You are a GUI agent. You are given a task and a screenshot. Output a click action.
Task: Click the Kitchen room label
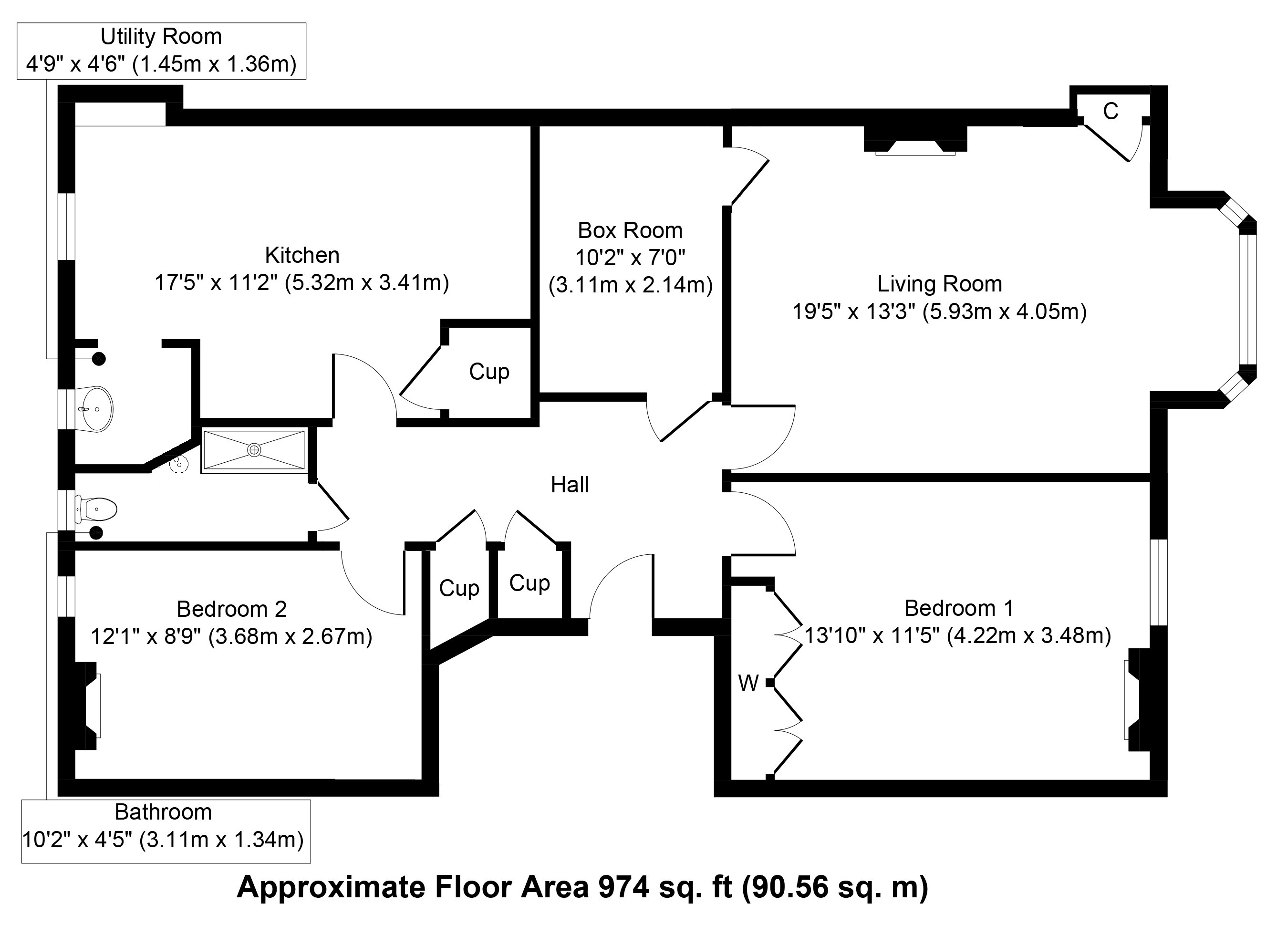tap(302, 255)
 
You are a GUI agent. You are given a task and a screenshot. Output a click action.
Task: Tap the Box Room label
tap(630, 230)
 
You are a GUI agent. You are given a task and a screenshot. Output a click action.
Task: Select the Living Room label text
tap(940, 284)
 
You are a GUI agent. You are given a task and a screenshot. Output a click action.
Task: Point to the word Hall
tap(570, 485)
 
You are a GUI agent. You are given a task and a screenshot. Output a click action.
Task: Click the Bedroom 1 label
tap(958, 608)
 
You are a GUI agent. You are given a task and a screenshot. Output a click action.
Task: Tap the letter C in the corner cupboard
tap(1111, 111)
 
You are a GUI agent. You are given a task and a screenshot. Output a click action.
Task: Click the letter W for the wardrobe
tap(748, 683)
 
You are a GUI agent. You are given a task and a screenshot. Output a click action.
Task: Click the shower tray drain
tap(254, 450)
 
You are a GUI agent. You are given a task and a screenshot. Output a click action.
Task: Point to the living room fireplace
tap(915, 140)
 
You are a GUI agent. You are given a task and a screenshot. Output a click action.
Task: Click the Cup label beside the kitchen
tap(489, 372)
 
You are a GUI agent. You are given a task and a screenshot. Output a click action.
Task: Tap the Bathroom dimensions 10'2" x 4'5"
tap(78, 839)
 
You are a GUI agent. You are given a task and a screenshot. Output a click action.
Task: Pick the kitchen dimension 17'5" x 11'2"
tap(216, 282)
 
